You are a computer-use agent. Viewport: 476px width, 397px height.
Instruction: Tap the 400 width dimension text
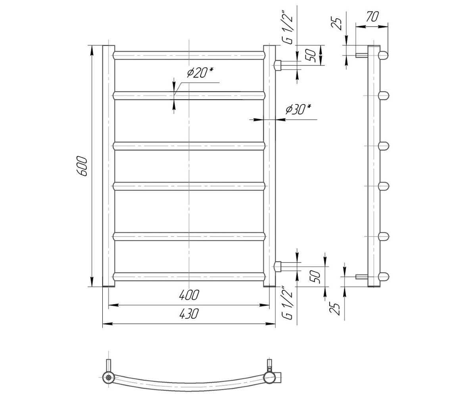click(x=189, y=295)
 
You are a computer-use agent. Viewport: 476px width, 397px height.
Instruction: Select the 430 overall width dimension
click(x=189, y=314)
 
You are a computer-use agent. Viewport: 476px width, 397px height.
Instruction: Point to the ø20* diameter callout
click(x=200, y=73)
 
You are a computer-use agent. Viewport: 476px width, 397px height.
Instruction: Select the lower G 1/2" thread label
click(x=288, y=303)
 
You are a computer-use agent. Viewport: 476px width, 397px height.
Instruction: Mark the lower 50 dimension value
click(x=315, y=277)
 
